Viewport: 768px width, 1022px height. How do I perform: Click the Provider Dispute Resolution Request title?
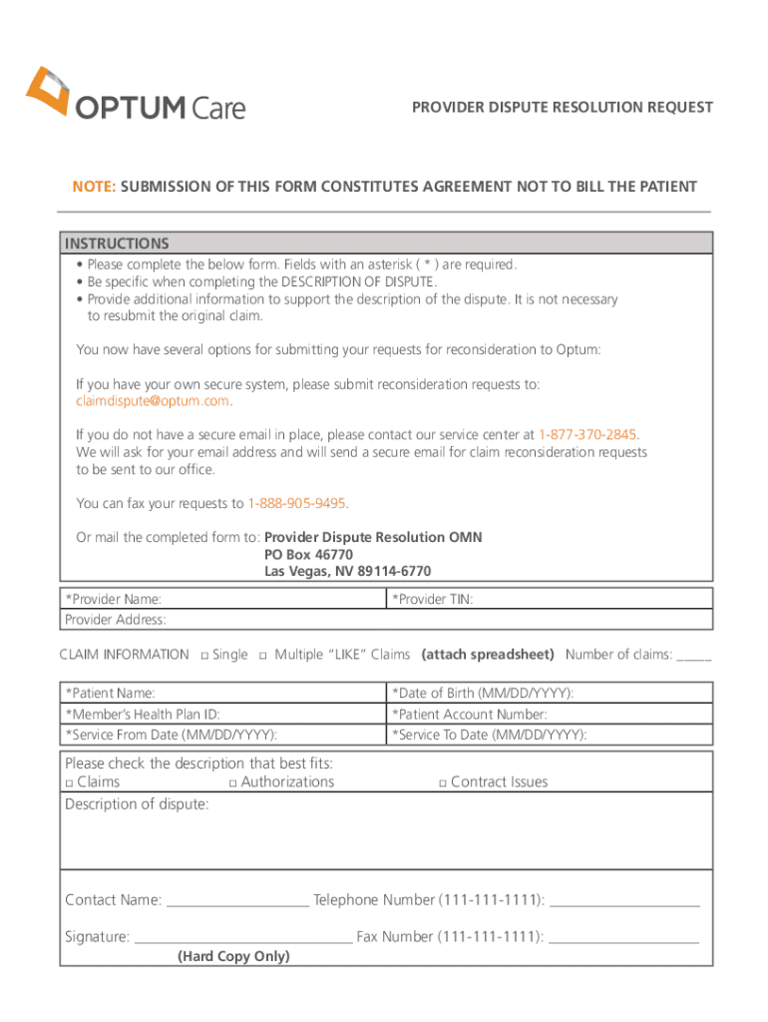(x=563, y=107)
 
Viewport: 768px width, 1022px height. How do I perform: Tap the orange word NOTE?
(x=93, y=187)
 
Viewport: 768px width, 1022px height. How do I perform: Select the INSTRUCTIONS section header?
(x=117, y=244)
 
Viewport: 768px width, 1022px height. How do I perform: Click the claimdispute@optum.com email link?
(x=153, y=401)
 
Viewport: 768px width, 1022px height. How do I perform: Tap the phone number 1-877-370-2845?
(x=587, y=435)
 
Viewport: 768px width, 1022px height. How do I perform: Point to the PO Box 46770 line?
(x=308, y=554)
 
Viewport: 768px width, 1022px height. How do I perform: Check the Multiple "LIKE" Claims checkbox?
(x=263, y=656)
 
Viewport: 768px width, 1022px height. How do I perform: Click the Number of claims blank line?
(x=694, y=657)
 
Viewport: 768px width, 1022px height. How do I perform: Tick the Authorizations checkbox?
(x=232, y=783)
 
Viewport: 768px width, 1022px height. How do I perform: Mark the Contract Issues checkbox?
(x=442, y=783)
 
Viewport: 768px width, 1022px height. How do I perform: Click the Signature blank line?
(x=242, y=938)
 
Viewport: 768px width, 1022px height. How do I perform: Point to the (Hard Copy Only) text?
(x=233, y=956)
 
